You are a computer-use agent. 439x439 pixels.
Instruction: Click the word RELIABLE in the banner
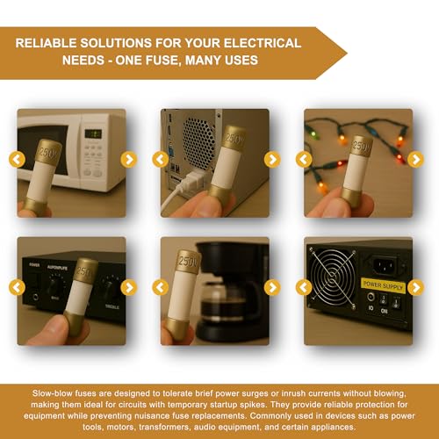[46, 43]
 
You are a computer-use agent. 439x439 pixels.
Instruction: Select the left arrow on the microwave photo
[17, 160]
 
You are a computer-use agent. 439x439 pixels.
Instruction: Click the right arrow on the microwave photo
[129, 160]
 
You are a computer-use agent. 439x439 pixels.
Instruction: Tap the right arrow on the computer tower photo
[272, 160]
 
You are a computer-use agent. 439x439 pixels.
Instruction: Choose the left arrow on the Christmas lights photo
[304, 160]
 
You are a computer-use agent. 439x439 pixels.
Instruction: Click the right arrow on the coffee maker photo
[272, 287]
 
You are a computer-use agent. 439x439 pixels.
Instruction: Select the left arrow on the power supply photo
[304, 287]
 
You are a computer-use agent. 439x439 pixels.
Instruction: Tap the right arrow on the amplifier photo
[129, 287]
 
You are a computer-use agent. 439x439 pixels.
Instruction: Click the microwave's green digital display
[93, 134]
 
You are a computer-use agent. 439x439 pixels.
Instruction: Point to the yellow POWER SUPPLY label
[383, 285]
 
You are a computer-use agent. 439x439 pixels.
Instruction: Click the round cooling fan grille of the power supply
[333, 277]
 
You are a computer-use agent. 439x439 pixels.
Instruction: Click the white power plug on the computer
[191, 179]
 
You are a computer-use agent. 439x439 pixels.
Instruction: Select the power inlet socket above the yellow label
[386, 265]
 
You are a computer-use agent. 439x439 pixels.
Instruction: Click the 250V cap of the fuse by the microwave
[48, 151]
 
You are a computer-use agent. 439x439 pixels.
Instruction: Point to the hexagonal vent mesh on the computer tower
[198, 143]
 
